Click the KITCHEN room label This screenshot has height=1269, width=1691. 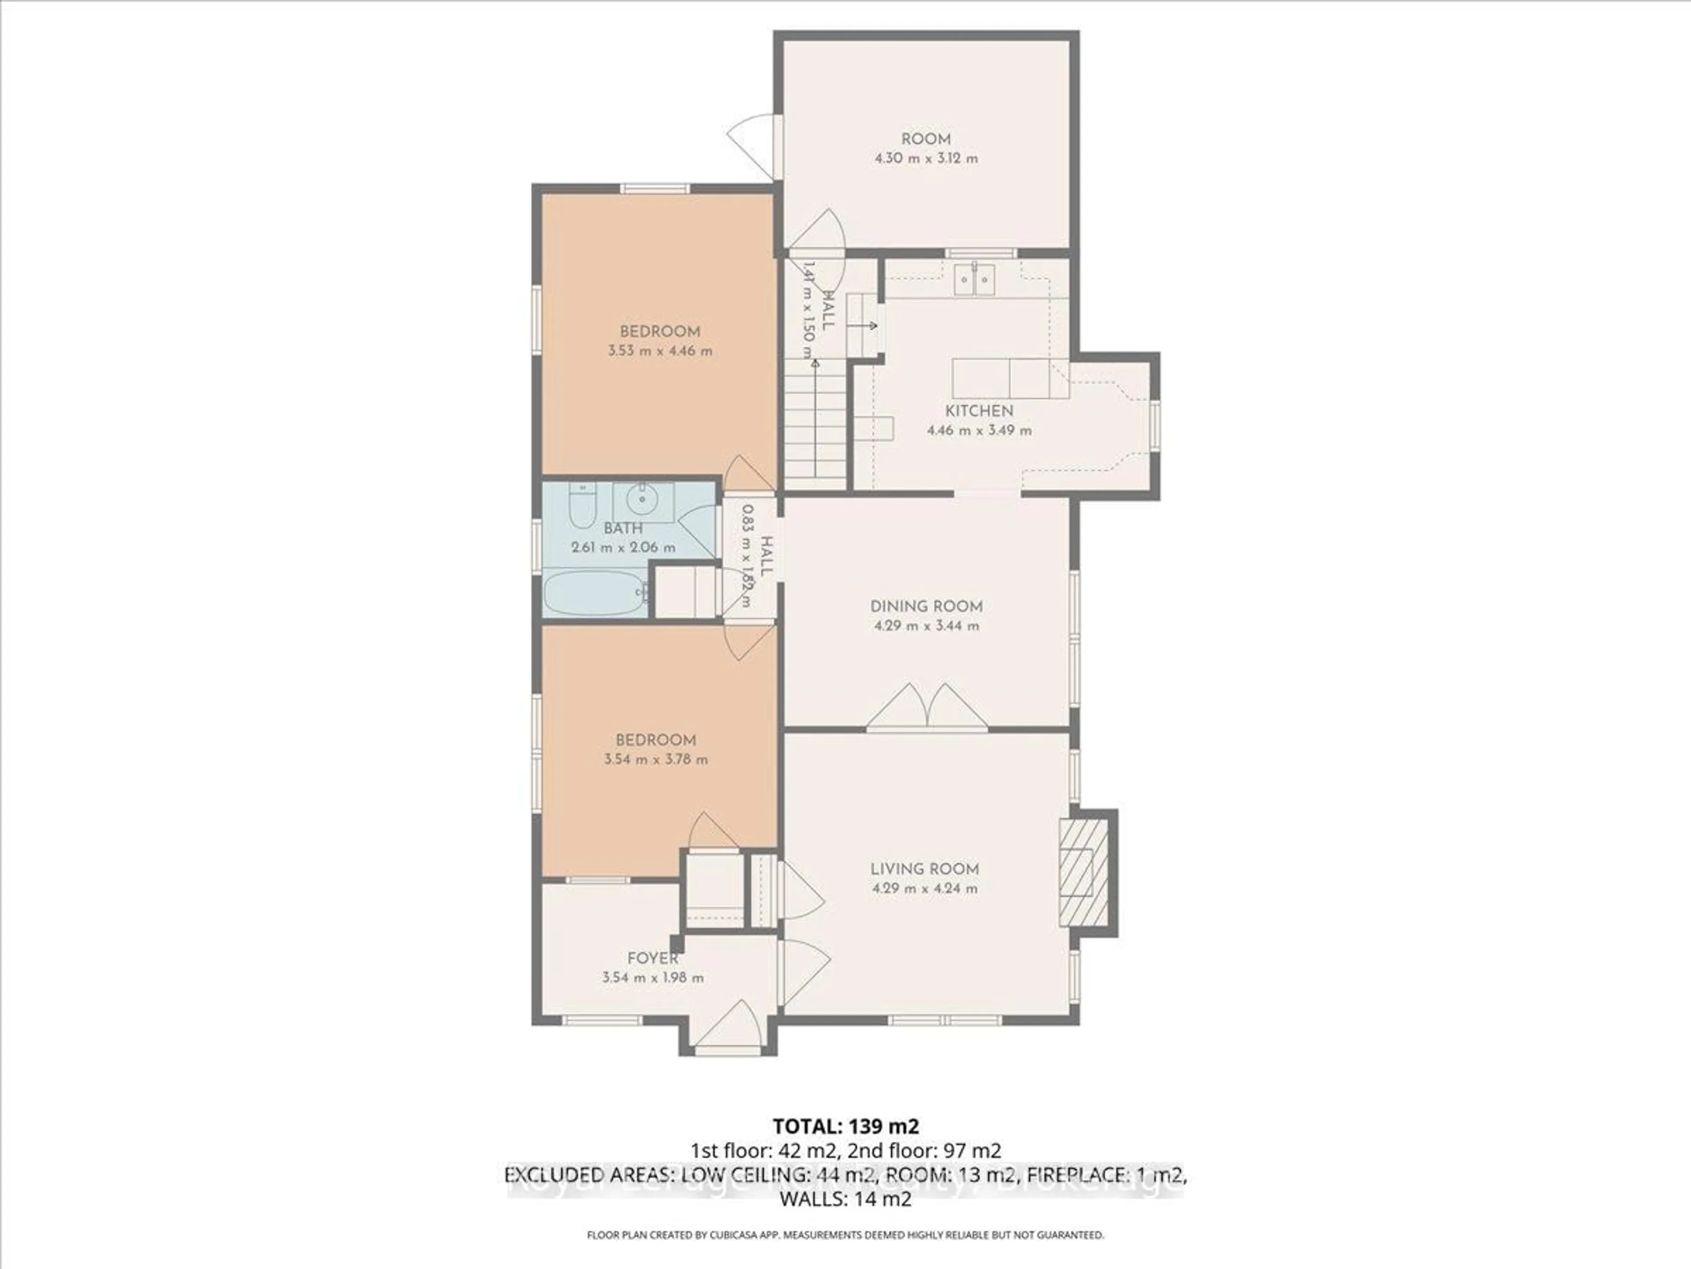[978, 411]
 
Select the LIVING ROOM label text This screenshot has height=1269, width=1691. [924, 869]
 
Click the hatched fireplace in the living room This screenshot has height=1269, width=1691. [1082, 872]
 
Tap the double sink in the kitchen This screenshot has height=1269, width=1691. [974, 280]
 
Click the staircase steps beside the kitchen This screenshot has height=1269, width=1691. [815, 428]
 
